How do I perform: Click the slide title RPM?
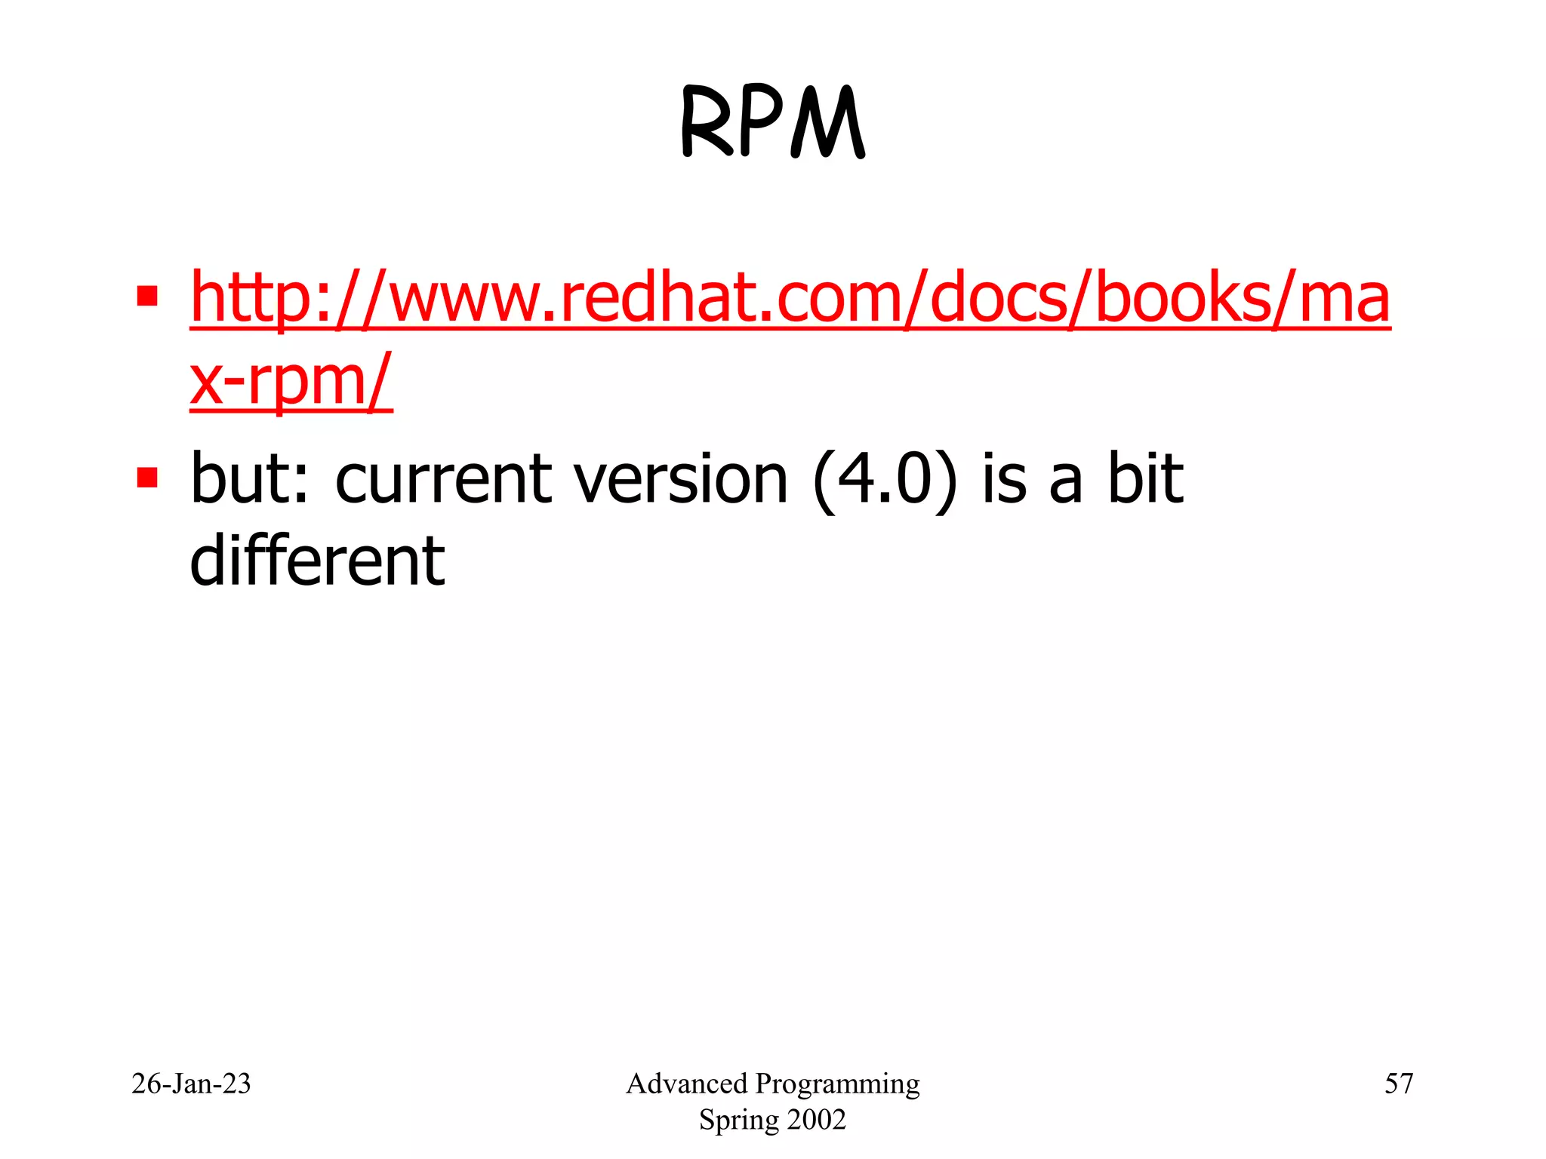click(772, 122)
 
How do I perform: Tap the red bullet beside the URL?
click(147, 296)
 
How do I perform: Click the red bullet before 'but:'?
click(147, 478)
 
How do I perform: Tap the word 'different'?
click(317, 561)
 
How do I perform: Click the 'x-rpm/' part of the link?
click(291, 381)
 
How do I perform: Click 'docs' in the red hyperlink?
click(996, 298)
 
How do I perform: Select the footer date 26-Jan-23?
click(191, 1084)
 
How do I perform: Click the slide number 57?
click(1398, 1084)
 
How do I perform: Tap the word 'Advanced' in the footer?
click(686, 1084)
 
